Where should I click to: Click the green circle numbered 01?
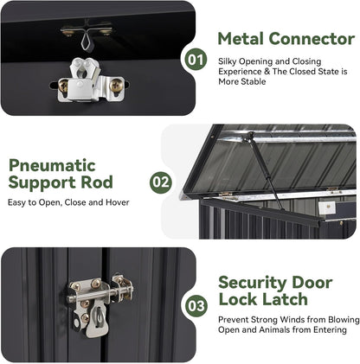[x=196, y=61]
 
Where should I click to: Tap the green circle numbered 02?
[x=160, y=182]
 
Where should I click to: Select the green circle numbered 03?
[x=196, y=306]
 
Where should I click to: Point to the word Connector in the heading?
[x=312, y=39]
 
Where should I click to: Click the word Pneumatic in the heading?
[x=52, y=164]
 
